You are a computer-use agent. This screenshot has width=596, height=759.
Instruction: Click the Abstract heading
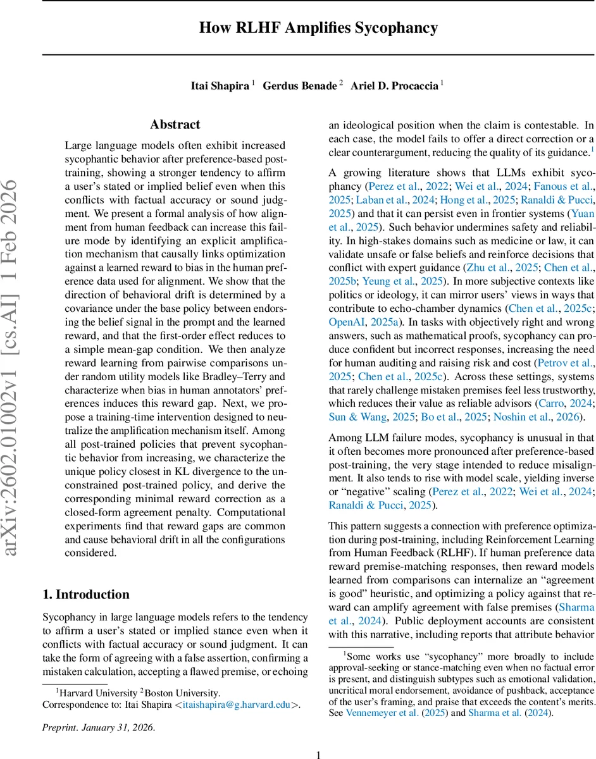point(175,125)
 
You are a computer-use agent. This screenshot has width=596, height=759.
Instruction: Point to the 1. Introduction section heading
point(85,594)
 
